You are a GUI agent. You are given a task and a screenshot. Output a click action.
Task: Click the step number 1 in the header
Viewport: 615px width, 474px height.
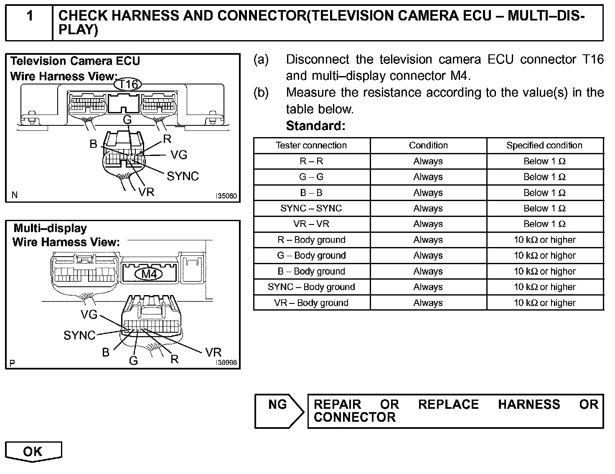pos(30,16)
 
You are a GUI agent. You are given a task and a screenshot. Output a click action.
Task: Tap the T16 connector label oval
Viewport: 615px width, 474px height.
pos(128,84)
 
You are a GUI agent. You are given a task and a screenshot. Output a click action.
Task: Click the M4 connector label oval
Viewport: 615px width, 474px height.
pos(149,274)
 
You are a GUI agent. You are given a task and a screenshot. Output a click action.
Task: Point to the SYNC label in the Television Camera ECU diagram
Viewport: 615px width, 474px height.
pos(183,176)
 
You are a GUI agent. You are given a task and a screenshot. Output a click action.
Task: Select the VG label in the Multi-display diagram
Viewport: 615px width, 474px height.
pos(89,314)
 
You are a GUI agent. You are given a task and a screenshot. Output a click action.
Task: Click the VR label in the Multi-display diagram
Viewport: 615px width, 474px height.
pos(213,352)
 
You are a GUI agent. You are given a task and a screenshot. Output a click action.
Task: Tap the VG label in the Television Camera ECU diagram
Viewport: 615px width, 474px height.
pos(179,155)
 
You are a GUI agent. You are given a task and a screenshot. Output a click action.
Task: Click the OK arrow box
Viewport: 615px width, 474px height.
pos(33,451)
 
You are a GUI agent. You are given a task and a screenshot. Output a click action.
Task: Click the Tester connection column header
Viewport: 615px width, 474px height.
pos(311,145)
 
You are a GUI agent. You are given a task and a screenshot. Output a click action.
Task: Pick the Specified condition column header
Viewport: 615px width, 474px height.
pos(544,145)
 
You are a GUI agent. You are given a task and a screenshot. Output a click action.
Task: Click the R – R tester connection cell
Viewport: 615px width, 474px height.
pos(311,161)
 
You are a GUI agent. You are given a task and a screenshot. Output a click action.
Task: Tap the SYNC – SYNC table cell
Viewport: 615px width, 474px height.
pos(311,208)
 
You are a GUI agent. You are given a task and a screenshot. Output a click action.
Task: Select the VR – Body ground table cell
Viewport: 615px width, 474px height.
pos(311,303)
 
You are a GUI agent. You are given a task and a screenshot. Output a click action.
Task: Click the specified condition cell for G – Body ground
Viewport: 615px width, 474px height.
pos(544,255)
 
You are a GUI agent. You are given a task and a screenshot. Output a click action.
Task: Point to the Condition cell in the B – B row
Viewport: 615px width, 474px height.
pos(428,193)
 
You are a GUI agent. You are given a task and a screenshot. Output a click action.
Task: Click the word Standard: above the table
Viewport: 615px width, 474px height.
pos(316,125)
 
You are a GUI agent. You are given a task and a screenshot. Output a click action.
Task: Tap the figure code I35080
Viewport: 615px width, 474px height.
pos(226,196)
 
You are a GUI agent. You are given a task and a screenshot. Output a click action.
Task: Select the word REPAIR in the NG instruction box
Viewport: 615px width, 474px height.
pos(337,405)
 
